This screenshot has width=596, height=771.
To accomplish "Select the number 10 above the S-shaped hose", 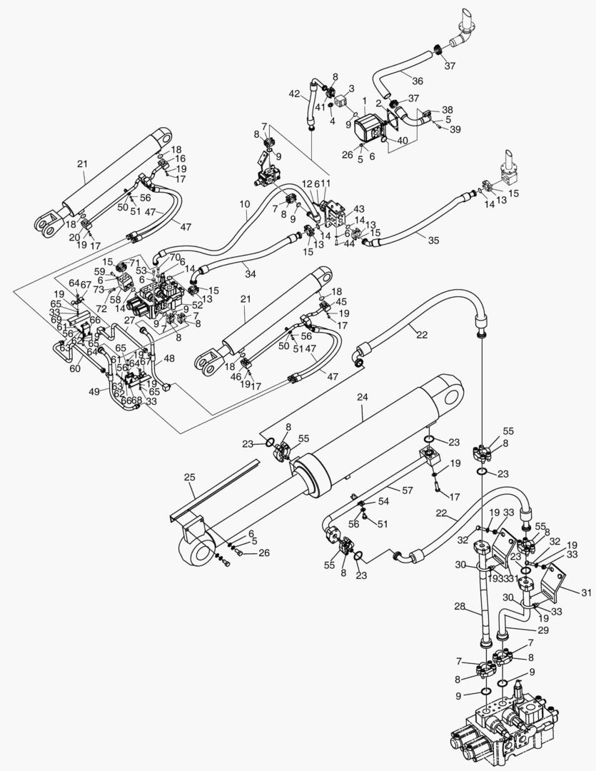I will pos(244,203).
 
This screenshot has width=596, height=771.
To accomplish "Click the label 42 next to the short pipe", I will pos(294,94).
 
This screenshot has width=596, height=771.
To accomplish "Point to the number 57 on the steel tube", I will pos(408,492).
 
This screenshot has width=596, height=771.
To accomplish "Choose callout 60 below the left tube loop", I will pos(74,370).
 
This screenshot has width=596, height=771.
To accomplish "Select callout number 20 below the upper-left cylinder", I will pos(75,237).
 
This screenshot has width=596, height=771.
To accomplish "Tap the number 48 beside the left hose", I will pos(169,358).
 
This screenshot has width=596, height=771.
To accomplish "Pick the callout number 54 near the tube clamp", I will pos(384,503).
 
